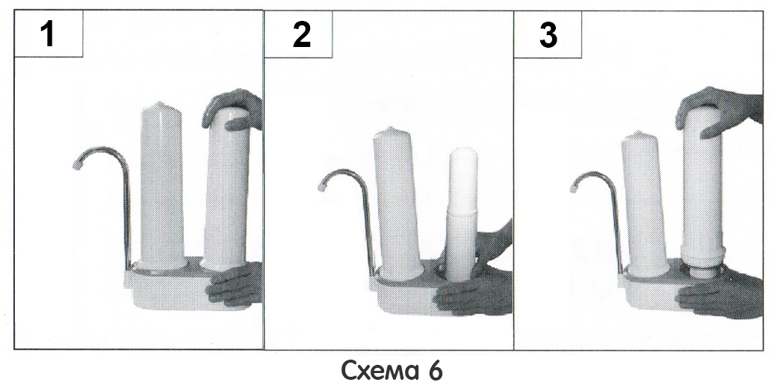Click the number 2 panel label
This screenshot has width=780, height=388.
(x=301, y=34)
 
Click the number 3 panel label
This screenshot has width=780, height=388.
(x=548, y=35)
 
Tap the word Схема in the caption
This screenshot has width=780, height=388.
(x=374, y=370)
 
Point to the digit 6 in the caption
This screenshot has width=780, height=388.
(x=434, y=370)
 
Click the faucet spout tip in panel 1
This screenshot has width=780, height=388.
(x=77, y=163)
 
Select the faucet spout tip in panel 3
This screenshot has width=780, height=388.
(x=574, y=188)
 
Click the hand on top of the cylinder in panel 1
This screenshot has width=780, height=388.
(x=233, y=109)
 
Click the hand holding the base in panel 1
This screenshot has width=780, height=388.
(x=235, y=284)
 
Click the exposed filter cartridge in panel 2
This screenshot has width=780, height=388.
(x=462, y=213)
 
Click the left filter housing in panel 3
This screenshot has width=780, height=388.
(x=644, y=204)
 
